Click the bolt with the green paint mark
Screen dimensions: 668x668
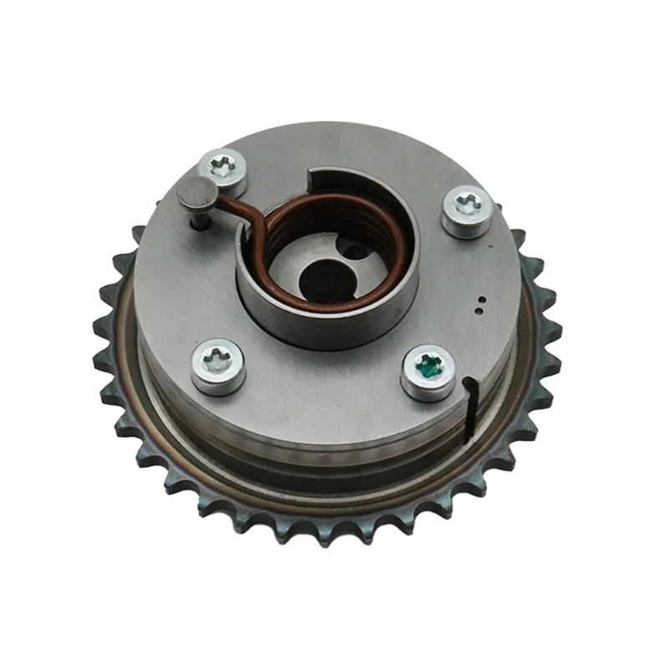click(x=428, y=372)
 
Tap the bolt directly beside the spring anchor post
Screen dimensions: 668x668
click(x=224, y=171)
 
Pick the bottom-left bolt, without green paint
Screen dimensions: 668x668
click(x=219, y=366)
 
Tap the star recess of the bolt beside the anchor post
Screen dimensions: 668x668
click(x=224, y=165)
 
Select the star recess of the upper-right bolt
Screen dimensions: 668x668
click(x=468, y=203)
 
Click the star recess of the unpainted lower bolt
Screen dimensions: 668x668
click(x=219, y=359)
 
